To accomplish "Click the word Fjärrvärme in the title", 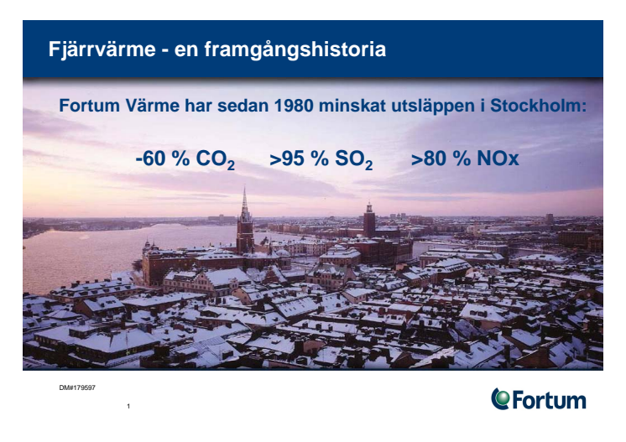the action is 102,49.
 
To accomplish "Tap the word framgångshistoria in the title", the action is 295,50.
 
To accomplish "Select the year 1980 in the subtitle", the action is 294,106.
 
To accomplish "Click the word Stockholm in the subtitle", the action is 538,106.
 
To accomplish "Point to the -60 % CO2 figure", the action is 185,159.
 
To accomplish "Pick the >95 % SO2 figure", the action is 321,159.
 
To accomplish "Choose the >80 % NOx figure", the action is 465,159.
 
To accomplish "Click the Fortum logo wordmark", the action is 549,400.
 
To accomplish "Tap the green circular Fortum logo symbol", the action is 500,398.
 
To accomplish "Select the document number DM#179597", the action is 77,387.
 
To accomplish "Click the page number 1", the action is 128,406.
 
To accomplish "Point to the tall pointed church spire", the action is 245,204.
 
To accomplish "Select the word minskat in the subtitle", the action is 352,106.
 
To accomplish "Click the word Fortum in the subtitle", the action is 90,106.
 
